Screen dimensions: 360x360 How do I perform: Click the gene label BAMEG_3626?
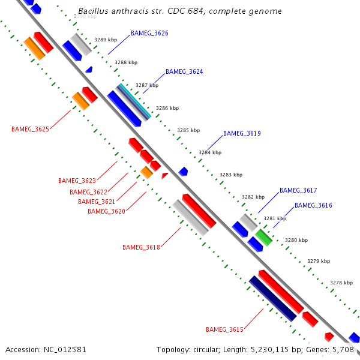(x=149, y=33)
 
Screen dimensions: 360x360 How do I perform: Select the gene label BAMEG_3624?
(x=184, y=71)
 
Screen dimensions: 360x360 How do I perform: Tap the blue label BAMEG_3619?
(x=242, y=133)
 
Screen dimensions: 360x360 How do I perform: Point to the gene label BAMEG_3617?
(x=298, y=190)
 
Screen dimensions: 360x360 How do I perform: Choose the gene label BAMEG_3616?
(x=313, y=205)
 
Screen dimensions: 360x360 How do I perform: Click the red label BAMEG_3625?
(x=30, y=129)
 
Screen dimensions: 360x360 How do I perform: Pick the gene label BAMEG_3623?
(x=77, y=181)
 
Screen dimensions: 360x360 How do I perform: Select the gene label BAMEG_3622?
(x=88, y=192)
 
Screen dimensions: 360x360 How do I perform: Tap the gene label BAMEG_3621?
(x=97, y=202)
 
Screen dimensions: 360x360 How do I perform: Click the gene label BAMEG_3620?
(x=106, y=211)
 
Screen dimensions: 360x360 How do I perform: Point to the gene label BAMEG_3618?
(x=141, y=247)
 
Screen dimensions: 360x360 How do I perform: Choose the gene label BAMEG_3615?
(x=224, y=329)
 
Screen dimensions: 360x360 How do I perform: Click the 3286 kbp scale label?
(x=167, y=109)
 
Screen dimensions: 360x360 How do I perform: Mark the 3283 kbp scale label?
(x=231, y=175)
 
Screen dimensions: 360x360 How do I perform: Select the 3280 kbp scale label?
(x=296, y=240)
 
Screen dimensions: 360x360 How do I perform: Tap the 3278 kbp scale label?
(x=341, y=283)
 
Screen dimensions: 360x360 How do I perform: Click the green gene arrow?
(x=263, y=236)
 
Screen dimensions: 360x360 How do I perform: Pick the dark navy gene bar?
(x=273, y=298)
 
